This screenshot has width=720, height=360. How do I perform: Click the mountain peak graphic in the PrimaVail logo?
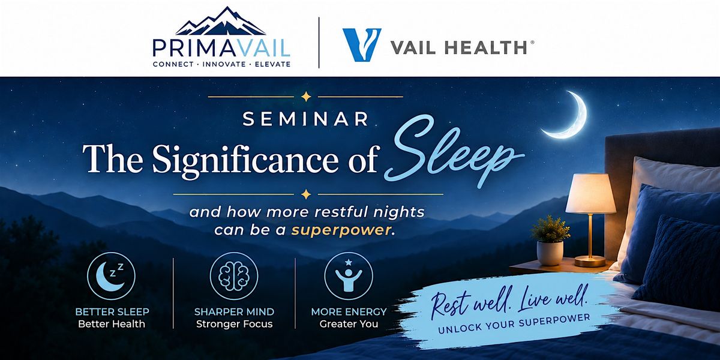pyautogui.click(x=221, y=21)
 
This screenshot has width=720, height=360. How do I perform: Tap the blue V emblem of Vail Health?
pyautogui.click(x=362, y=44)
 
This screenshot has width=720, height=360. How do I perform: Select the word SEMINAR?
pyautogui.click(x=305, y=119)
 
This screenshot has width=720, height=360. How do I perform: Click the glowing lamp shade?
pyautogui.click(x=591, y=194)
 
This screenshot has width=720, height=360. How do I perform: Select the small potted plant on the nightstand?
pyautogui.click(x=550, y=241)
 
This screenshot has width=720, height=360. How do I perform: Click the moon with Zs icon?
pyautogui.click(x=111, y=276)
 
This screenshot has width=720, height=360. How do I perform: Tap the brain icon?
pyautogui.click(x=234, y=276)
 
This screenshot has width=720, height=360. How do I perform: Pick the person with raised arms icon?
pyautogui.click(x=349, y=276)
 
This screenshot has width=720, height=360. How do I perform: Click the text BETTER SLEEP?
pyautogui.click(x=112, y=312)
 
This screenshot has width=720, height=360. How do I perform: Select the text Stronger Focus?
pyautogui.click(x=235, y=324)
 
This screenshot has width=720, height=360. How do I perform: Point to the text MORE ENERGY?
pyautogui.click(x=349, y=312)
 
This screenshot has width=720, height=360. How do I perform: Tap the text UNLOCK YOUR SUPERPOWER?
pyautogui.click(x=514, y=324)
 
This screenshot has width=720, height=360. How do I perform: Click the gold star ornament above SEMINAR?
pyautogui.click(x=305, y=97)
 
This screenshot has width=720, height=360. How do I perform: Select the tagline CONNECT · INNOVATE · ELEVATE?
pyautogui.click(x=222, y=64)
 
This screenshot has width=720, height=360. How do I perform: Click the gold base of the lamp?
pyautogui.click(x=590, y=261)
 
